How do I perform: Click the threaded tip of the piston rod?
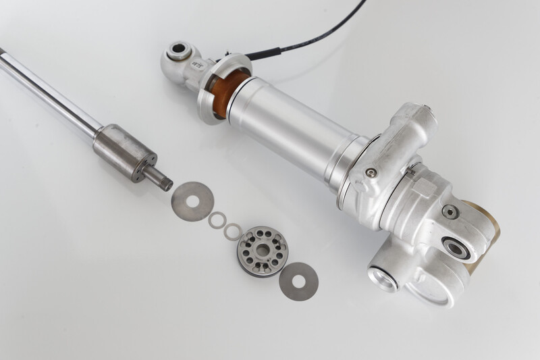pyautogui.click(x=162, y=181)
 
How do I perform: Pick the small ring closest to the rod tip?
pyautogui.click(x=217, y=220)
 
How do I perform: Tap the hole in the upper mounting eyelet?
pyautogui.click(x=180, y=49)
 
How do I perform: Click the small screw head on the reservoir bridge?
pyautogui.click(x=369, y=173)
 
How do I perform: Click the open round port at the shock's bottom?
pyautogui.click(x=383, y=278)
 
